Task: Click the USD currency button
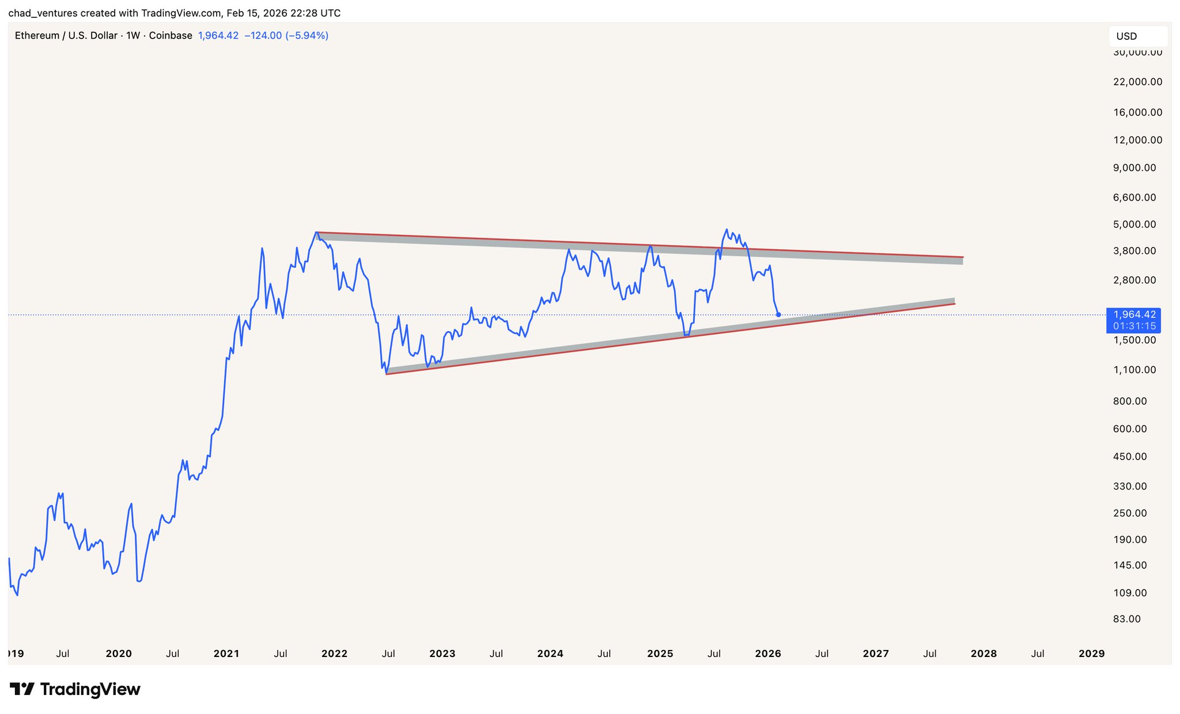coord(1137,36)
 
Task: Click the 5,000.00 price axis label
coord(1134,224)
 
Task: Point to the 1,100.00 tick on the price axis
coord(1134,370)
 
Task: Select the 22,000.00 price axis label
coord(1137,82)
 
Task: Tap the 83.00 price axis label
coord(1126,619)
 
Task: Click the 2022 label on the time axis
coord(334,654)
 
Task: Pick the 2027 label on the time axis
coord(876,654)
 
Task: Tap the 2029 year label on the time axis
coord(1091,654)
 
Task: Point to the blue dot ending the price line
coord(778,315)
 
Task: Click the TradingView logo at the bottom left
coord(75,689)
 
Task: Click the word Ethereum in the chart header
coord(37,36)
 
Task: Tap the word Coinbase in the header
coord(171,36)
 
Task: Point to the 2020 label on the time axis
coord(119,654)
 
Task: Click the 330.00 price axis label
coord(1129,487)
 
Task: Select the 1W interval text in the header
coord(133,36)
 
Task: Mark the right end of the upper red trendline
coord(963,257)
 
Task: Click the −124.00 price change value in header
coord(263,36)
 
